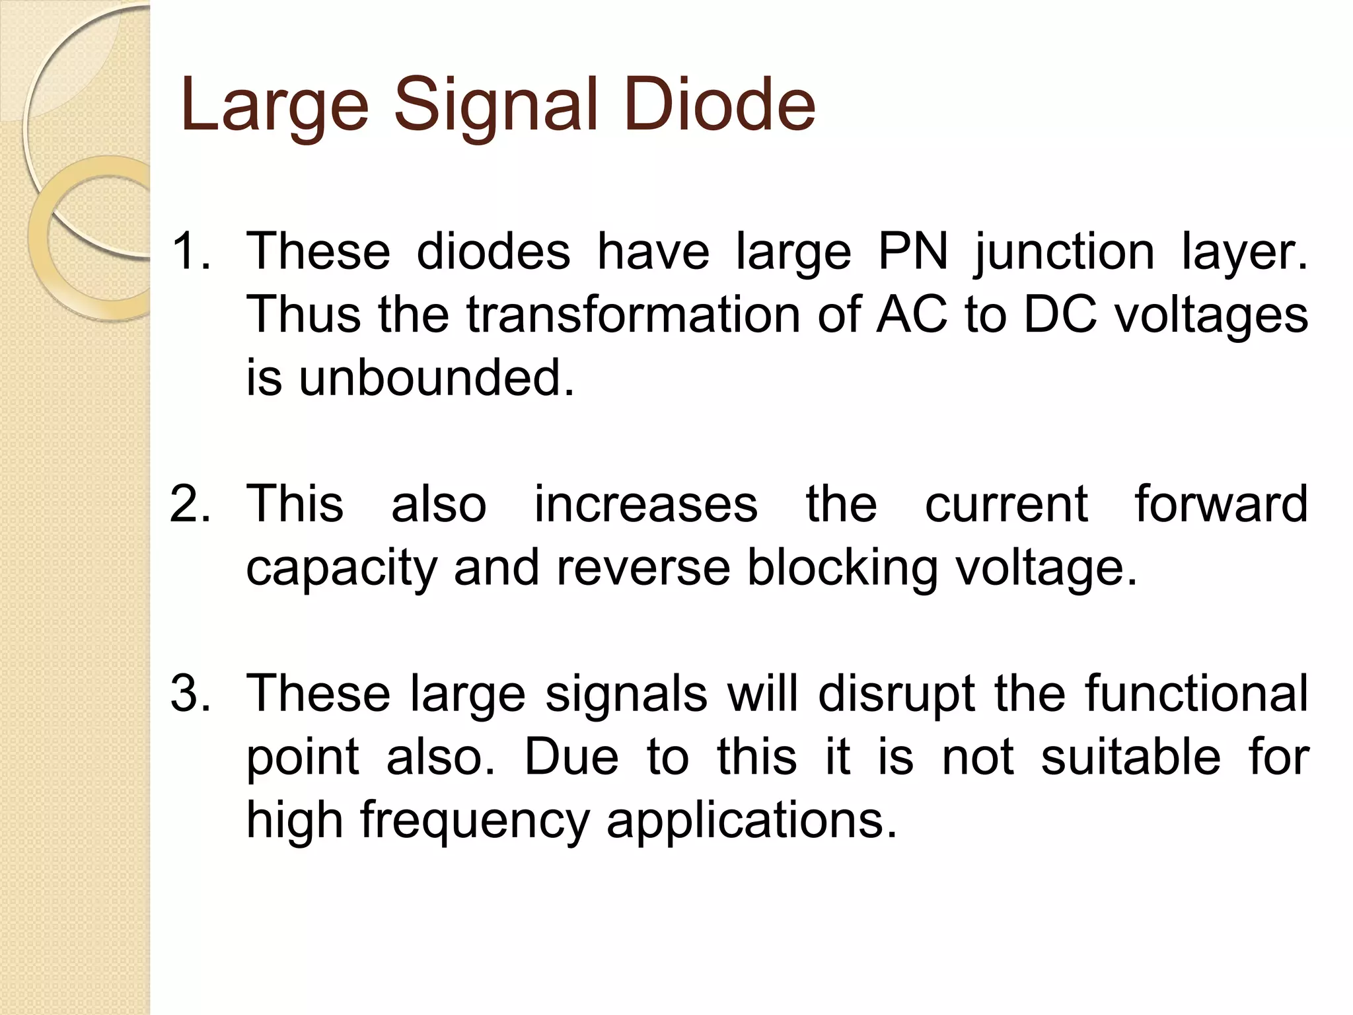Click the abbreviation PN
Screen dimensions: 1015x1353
pos(912,252)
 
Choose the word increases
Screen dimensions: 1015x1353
pos(645,504)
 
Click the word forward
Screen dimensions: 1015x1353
pos(1221,504)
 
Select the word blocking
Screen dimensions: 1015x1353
pos(842,569)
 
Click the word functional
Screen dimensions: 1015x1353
pos(1196,694)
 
